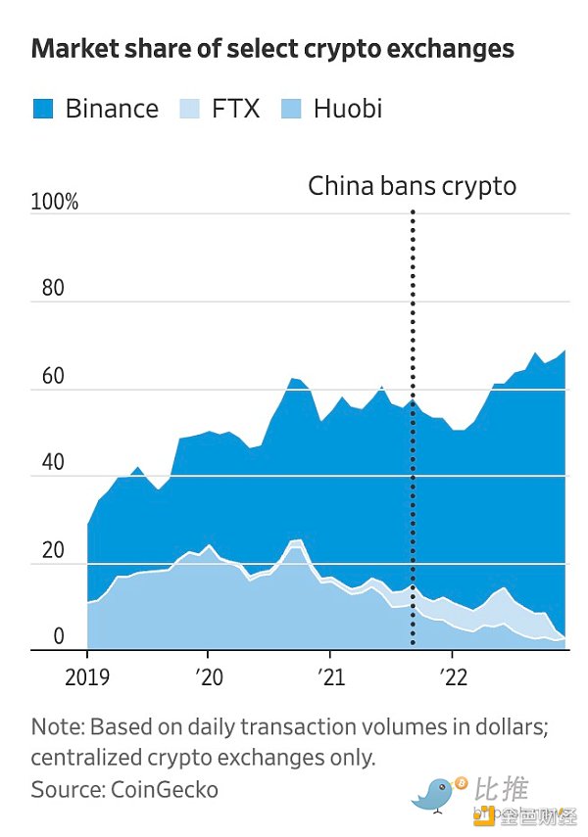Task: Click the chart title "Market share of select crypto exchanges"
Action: pos(272,49)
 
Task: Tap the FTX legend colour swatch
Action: pos(190,108)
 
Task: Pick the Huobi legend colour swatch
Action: pos(292,108)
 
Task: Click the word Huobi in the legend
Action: pos(348,108)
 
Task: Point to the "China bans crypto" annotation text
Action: pos(412,185)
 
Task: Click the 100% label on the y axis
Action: pos(55,203)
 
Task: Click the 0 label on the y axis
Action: pos(58,637)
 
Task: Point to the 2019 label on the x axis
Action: pos(87,676)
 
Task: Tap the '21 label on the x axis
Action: pos(330,676)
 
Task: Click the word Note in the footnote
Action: pos(55,727)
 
